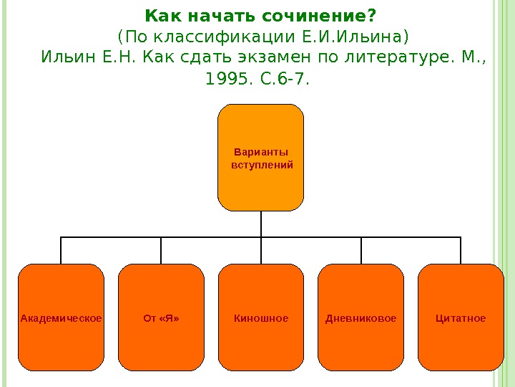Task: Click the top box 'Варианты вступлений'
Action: point(261,158)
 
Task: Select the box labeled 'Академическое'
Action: point(61,317)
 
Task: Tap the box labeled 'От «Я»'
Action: point(161,317)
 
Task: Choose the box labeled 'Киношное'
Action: point(261,317)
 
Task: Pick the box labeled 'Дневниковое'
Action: point(361,317)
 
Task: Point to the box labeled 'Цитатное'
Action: point(461,317)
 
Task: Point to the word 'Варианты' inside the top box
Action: point(261,152)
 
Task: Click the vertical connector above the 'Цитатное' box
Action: point(461,250)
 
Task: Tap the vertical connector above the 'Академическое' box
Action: point(61,250)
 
